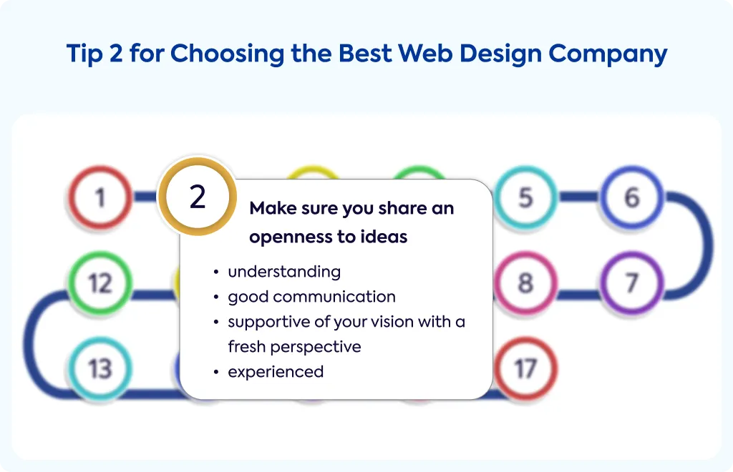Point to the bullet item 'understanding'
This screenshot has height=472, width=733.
(284, 272)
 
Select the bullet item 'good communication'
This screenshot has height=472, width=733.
(312, 297)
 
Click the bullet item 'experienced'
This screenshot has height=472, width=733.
(276, 372)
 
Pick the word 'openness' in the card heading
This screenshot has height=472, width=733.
(291, 237)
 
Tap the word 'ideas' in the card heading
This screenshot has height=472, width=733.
(384, 237)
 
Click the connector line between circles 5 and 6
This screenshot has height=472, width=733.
(578, 197)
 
